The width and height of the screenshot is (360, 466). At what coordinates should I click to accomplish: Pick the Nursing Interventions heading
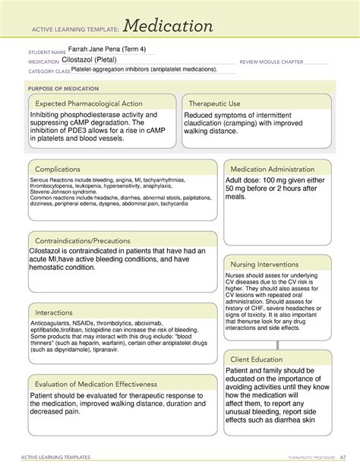(x=268, y=264)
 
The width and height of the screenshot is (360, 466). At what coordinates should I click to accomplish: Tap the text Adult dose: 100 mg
(x=261, y=181)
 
